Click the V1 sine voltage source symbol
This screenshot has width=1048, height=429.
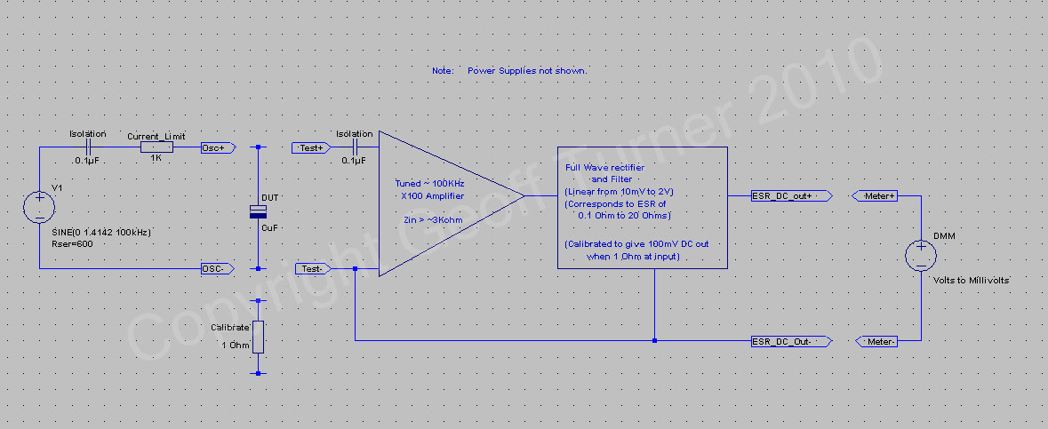point(39,207)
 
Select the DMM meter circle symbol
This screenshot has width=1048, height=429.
point(921,256)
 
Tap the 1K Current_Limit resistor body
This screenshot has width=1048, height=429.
point(156,147)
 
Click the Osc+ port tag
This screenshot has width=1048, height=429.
point(218,147)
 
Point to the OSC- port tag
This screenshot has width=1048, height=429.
point(218,268)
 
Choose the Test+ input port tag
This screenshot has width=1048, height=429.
point(310,147)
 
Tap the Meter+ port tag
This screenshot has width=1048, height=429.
point(875,195)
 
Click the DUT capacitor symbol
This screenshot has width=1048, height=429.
point(258,211)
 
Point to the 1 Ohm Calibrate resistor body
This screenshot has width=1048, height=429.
point(258,337)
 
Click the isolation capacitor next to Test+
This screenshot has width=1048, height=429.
point(355,147)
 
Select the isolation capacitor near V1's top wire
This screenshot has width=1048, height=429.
point(88,147)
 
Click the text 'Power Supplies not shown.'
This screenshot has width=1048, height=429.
point(527,70)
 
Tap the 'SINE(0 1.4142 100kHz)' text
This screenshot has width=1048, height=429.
point(101,232)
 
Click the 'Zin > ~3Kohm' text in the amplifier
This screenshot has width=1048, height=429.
point(429,220)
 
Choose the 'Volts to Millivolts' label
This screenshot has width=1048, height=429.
point(971,281)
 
